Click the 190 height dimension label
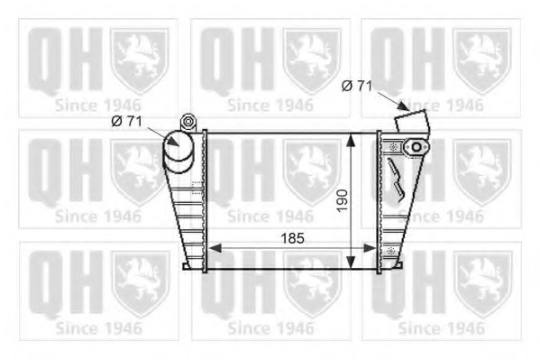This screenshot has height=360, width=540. (x=343, y=200)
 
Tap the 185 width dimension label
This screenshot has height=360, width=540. (x=292, y=238)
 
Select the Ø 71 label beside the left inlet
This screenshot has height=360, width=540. (x=127, y=121)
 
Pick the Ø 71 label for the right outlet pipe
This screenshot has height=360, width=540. (x=357, y=86)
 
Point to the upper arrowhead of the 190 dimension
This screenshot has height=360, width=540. (x=351, y=141)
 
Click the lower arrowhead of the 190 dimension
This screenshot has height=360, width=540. (x=351, y=262)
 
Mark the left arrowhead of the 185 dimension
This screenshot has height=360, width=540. (x=215, y=248)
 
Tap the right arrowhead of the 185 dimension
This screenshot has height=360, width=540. (x=371, y=248)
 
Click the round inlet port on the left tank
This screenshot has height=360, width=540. (x=178, y=146)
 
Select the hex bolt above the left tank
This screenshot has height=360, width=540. (x=188, y=122)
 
